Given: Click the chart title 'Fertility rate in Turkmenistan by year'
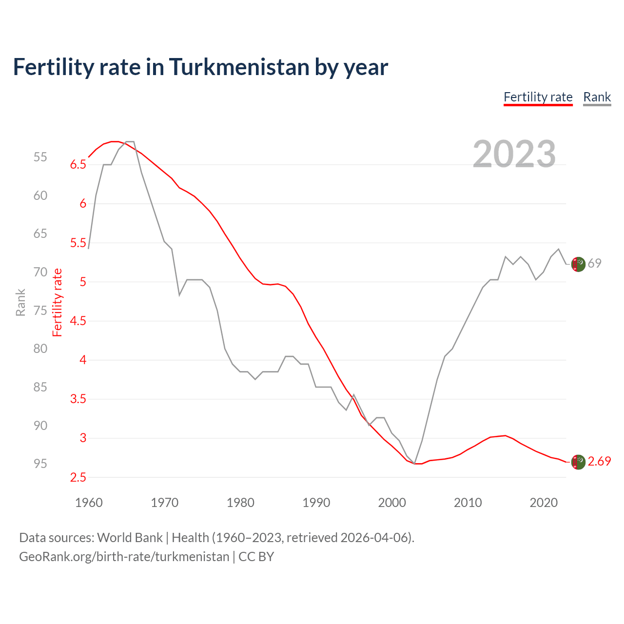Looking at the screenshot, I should coord(200,67).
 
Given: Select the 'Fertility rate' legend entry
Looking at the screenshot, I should coord(538,97).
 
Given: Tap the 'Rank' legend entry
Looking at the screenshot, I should coord(597,97).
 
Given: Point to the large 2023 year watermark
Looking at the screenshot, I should coord(514,154).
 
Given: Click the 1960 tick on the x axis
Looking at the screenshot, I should coord(89,503).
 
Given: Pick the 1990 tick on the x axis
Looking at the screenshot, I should coord(316,503).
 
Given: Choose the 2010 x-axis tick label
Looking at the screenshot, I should coord(468,503).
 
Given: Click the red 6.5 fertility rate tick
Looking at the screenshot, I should coord(78,165).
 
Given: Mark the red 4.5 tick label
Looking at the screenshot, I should coord(78,321).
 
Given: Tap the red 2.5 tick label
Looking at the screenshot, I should coord(78,478).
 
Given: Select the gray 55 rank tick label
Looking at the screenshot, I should coord(40,157).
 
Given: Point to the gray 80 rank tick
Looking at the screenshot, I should coord(40,349).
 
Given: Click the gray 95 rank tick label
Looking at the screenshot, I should coord(40,464).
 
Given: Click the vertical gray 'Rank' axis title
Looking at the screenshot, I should coord(20,302).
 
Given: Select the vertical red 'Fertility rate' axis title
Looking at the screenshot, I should coord(58,302).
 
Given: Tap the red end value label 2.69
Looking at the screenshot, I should coord(599,461).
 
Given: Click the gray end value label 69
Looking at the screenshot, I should coord(594,263).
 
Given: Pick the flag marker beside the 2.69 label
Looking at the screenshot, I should coord(578,462).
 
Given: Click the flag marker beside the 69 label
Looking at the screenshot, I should coord(578,264).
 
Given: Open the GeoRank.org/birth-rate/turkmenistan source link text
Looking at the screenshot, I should coord(124,557).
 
